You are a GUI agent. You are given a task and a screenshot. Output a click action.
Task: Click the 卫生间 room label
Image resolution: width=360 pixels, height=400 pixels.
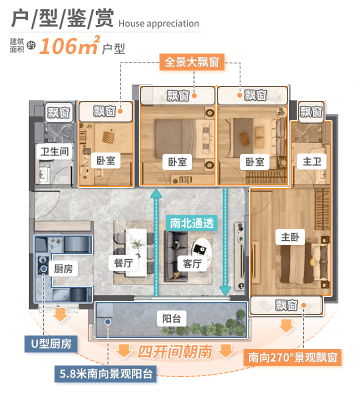pos(52,150)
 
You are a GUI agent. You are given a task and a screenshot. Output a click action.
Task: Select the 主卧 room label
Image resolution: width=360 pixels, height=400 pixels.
pos(290,237)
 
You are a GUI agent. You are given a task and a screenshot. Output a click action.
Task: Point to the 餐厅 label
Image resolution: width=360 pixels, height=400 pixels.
pos(123,262)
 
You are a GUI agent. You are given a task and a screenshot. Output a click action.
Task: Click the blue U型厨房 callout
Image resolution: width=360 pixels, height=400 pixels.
pos(51,343)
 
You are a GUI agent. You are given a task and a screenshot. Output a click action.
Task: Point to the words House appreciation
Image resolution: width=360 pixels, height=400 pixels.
pos(159,23)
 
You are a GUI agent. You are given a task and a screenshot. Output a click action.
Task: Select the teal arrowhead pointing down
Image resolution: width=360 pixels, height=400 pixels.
pos(225,290)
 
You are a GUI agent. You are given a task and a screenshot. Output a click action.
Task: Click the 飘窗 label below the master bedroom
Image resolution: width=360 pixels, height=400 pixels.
pos(286,305)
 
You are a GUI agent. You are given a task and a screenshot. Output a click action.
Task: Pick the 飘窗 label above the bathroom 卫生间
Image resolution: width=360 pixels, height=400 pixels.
pos(58,112)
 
